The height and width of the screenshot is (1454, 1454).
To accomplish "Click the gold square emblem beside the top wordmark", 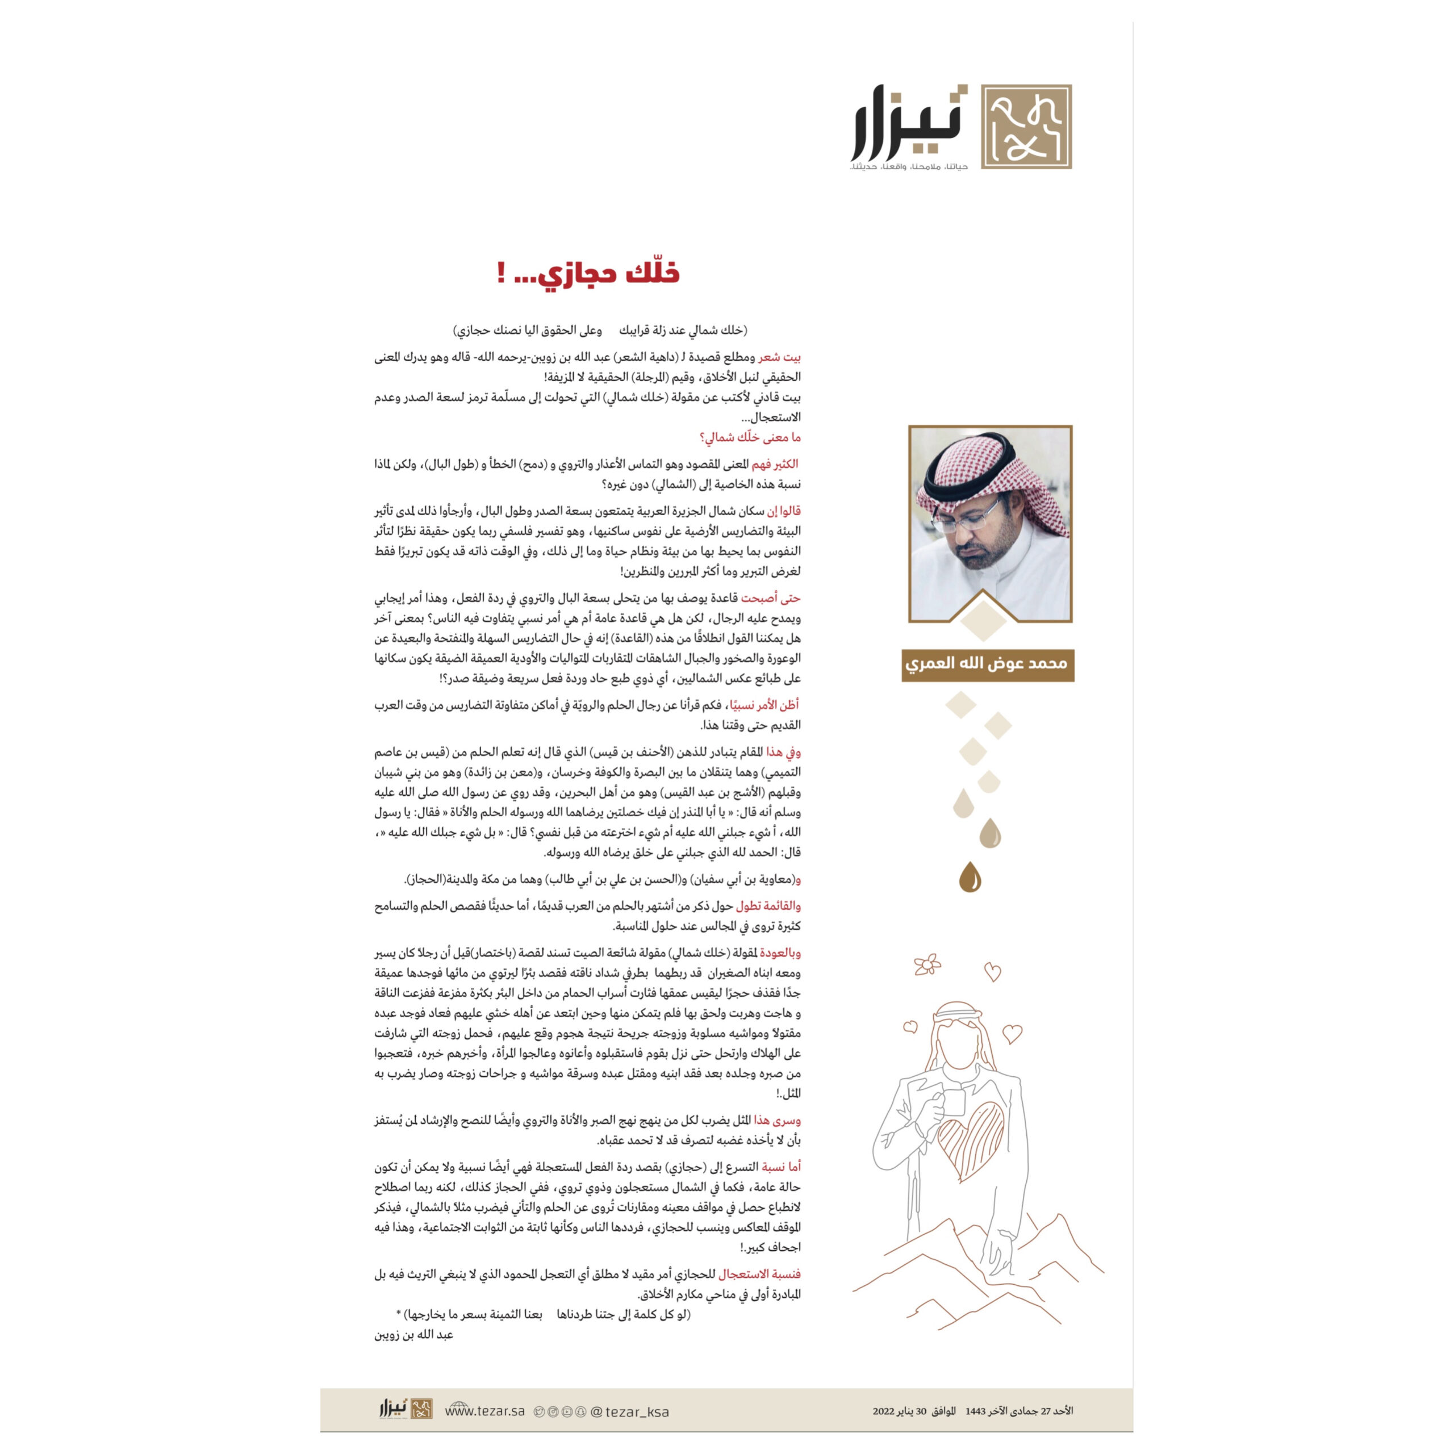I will (x=1026, y=127).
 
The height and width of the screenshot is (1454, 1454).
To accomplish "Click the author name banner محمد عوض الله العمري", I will (x=987, y=665).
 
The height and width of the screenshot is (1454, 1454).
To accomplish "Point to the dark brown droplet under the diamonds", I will (x=970, y=877).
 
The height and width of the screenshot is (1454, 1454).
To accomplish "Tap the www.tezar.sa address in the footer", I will (x=484, y=1411).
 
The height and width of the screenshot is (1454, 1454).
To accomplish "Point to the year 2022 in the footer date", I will (x=884, y=1411).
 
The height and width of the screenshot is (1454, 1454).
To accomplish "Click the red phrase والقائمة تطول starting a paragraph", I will (x=768, y=906).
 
